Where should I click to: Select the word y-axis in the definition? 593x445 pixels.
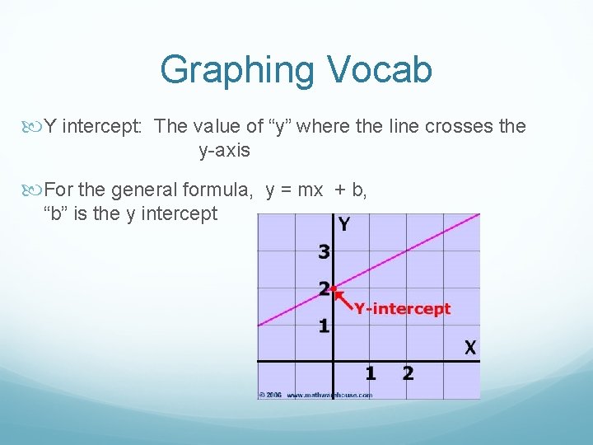point(224,151)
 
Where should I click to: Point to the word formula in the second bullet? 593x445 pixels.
point(217,190)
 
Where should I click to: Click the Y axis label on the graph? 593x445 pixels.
point(343,224)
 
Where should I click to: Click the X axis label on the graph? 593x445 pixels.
point(469,348)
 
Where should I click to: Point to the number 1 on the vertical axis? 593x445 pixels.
point(325,326)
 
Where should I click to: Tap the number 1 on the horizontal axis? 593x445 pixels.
point(371,374)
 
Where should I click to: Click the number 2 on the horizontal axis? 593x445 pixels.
point(408,374)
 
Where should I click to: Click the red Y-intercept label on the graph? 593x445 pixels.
point(403,309)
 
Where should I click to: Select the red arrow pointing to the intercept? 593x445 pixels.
point(344,298)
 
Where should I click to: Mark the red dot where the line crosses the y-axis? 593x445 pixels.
point(333,288)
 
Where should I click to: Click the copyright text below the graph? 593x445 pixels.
point(315,395)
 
